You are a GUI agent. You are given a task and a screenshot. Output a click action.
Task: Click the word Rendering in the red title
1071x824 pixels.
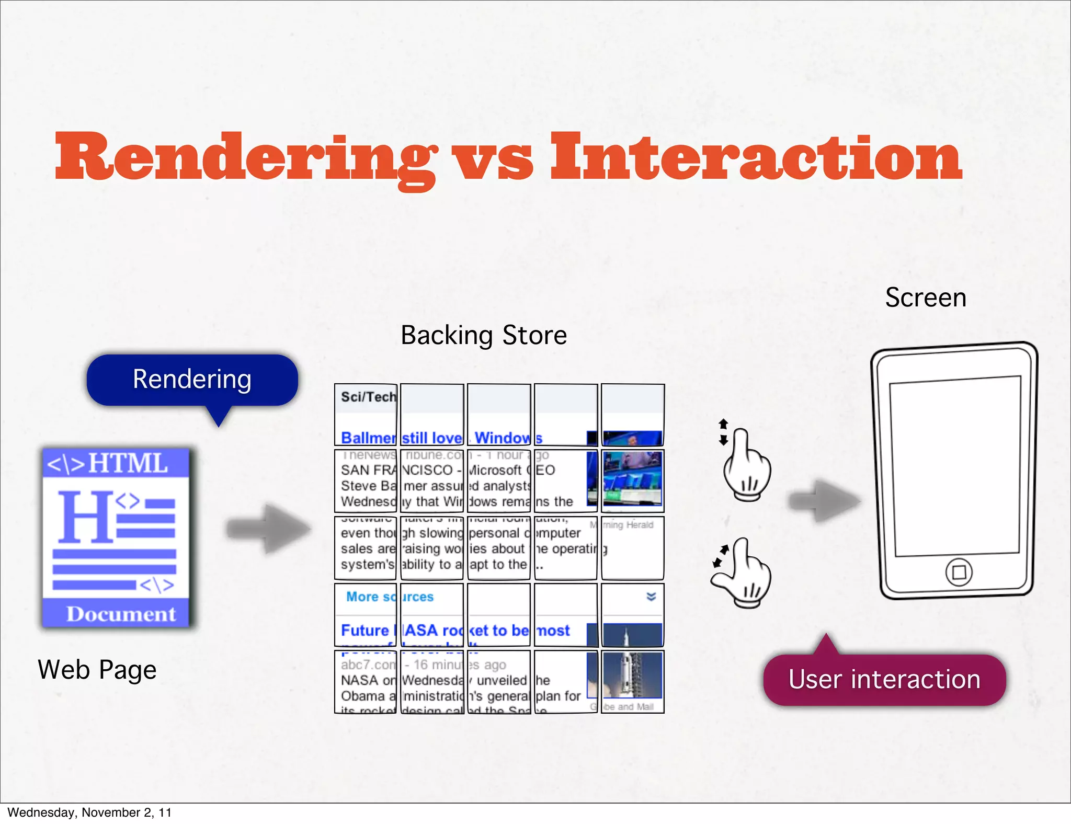(246, 157)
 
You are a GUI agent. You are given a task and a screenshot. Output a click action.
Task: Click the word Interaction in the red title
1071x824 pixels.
(756, 157)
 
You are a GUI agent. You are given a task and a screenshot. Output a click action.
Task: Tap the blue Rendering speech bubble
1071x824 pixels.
(192, 380)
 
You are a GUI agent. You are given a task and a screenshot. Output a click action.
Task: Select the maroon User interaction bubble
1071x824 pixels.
(884, 680)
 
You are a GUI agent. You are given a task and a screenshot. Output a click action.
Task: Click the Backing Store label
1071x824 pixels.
(484, 335)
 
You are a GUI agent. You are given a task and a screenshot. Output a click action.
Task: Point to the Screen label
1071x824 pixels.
(925, 297)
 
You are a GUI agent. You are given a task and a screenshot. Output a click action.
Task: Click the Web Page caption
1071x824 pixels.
(97, 670)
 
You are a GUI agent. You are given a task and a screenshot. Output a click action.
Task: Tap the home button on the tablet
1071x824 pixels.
(959, 572)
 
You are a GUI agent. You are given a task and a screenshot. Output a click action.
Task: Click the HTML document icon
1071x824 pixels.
(116, 537)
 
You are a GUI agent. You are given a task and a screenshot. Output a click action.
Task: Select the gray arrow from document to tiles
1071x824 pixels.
(269, 529)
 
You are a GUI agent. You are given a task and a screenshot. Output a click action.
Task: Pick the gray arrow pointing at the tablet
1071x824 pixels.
(824, 501)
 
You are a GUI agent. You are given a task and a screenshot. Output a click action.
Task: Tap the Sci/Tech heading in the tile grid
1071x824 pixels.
(368, 397)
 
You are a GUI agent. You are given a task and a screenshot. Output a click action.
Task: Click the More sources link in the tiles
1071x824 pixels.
(390, 597)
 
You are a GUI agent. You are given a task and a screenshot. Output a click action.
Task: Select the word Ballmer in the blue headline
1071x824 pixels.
(368, 438)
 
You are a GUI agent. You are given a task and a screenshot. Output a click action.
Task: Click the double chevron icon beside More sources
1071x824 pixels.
(651, 597)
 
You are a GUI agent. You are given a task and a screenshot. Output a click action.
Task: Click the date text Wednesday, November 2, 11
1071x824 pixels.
(89, 812)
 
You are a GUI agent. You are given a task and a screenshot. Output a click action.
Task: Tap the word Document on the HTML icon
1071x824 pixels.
(121, 614)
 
